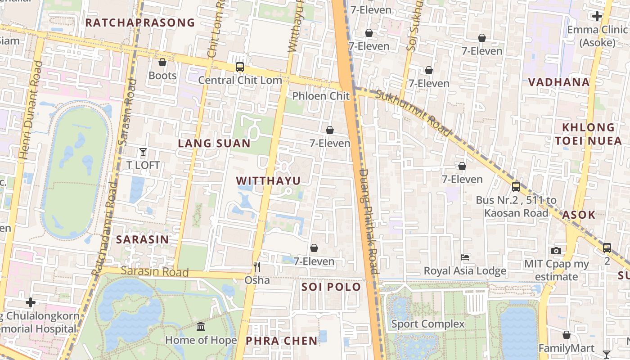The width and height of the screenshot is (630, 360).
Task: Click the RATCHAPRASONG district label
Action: (x=140, y=22)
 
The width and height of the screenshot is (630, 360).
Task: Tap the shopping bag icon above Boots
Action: (x=162, y=62)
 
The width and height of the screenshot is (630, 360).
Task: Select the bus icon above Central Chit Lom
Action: (x=240, y=67)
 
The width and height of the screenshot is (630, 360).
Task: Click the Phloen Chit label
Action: (x=321, y=96)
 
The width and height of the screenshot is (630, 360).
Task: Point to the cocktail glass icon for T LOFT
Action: (x=143, y=152)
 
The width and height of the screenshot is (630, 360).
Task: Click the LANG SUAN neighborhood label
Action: (x=214, y=144)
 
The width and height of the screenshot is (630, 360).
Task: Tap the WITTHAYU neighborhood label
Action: (x=268, y=181)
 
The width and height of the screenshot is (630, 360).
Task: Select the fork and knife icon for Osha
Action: (x=257, y=267)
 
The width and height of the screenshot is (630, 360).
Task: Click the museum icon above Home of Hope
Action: (x=201, y=326)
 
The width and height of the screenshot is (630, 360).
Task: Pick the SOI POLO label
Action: (x=331, y=287)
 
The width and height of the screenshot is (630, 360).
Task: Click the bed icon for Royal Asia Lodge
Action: (x=465, y=258)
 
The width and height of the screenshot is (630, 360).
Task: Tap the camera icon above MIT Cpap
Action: (x=556, y=251)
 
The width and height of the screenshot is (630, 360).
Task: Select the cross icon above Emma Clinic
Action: (x=597, y=17)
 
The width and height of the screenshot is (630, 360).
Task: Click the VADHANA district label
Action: (x=559, y=82)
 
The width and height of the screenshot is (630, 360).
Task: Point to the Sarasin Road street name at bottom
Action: (x=155, y=272)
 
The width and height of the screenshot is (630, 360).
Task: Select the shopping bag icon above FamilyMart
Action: (x=567, y=335)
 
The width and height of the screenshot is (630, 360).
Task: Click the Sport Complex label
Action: (x=428, y=324)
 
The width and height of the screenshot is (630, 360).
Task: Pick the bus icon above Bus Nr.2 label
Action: (x=516, y=186)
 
